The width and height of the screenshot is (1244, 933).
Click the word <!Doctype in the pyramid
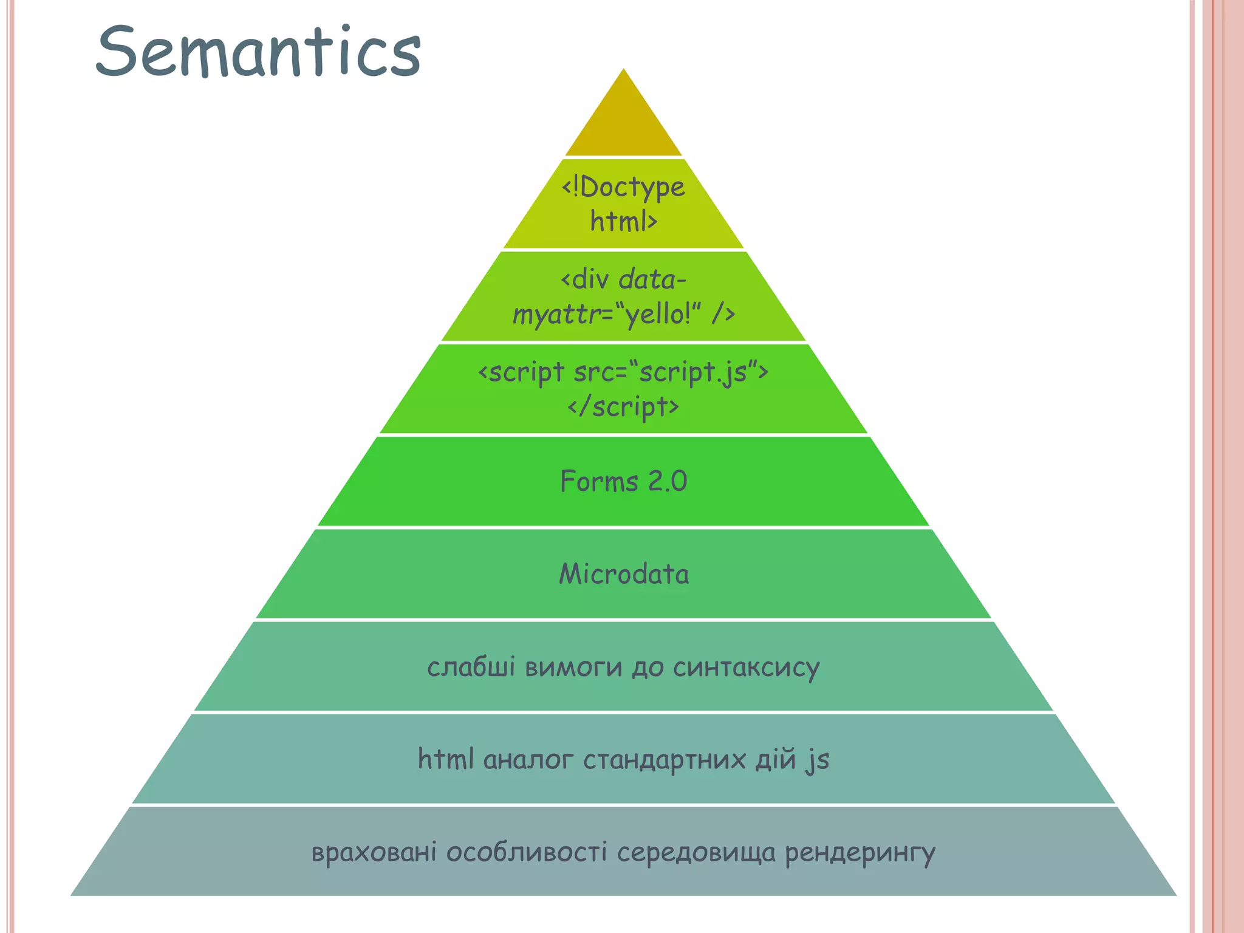(x=623, y=187)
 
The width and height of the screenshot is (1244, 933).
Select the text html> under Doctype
(x=623, y=221)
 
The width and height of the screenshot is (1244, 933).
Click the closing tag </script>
(x=623, y=406)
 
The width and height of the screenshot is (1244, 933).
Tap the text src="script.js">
(x=671, y=372)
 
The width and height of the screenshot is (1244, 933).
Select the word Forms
(x=599, y=482)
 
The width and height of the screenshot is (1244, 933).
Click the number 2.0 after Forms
(x=668, y=482)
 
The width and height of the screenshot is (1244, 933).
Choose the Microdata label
(x=624, y=574)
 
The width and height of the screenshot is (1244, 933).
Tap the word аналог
(x=528, y=760)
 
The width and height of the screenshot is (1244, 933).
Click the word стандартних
(x=664, y=760)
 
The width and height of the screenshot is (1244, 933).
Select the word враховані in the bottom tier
(x=374, y=852)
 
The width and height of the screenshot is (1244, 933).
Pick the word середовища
(x=696, y=853)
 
